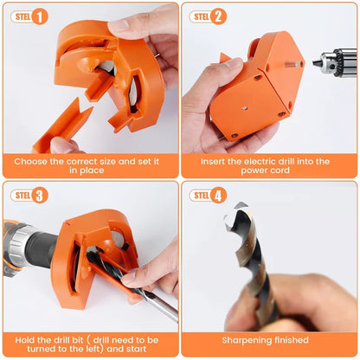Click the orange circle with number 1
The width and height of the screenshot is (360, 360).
(40, 16)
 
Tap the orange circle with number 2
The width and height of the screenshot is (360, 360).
(218, 16)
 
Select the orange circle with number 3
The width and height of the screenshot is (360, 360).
(40, 196)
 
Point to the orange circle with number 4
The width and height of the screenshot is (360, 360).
(218, 196)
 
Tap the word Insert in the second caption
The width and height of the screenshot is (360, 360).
(216, 161)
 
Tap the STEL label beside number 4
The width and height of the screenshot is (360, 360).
(200, 196)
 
